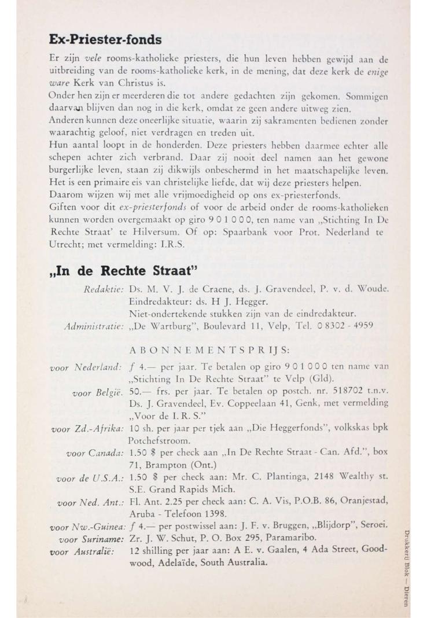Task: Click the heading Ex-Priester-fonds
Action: (104, 40)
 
